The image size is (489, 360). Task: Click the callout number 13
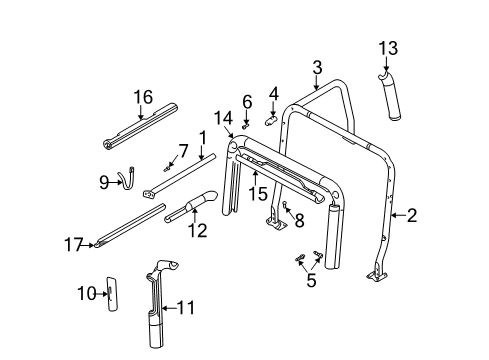coord(387,47)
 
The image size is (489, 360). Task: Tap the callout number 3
coord(317,67)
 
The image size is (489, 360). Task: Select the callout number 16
coord(143,96)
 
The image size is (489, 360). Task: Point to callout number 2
coord(411,213)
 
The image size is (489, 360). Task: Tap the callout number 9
coord(103,181)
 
